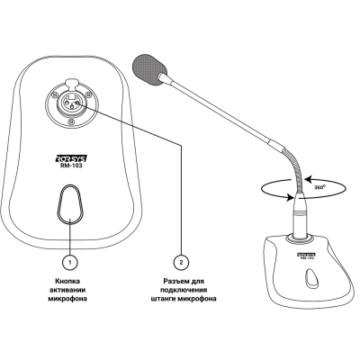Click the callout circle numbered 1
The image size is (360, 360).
(70, 262)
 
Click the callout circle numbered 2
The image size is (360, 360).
(181, 262)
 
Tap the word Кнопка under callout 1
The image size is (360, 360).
(67, 282)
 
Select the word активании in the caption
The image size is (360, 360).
(67, 290)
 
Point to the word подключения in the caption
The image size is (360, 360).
(184, 290)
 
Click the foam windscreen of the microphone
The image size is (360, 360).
(149, 68)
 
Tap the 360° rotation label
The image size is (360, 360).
(320, 187)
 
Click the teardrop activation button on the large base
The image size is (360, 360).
(70, 204)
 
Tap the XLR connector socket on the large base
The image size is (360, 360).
(71, 104)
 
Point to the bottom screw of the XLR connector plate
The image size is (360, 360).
(71, 121)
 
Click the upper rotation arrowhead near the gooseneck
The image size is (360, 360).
(308, 180)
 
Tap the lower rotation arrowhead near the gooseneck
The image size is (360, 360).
(290, 198)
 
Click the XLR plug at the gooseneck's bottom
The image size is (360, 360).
(300, 218)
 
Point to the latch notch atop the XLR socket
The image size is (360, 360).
(71, 81)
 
